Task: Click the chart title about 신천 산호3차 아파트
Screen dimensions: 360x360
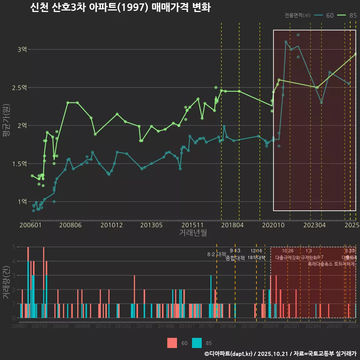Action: click(120, 8)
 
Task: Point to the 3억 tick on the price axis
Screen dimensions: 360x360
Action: click(22, 49)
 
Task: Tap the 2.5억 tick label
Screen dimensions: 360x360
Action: click(19, 88)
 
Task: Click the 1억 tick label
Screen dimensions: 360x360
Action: click(22, 202)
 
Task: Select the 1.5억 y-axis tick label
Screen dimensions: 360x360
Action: click(19, 164)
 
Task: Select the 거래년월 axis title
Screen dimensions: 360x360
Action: click(193, 233)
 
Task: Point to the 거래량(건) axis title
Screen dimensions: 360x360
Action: click(6, 282)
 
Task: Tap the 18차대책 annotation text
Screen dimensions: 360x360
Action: click(256, 258)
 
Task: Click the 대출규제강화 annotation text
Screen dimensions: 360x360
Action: click(288, 258)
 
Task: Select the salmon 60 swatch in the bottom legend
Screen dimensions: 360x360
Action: click(172, 343)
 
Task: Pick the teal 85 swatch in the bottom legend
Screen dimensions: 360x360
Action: click(197, 343)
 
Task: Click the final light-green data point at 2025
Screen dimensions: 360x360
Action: click(355, 54)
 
